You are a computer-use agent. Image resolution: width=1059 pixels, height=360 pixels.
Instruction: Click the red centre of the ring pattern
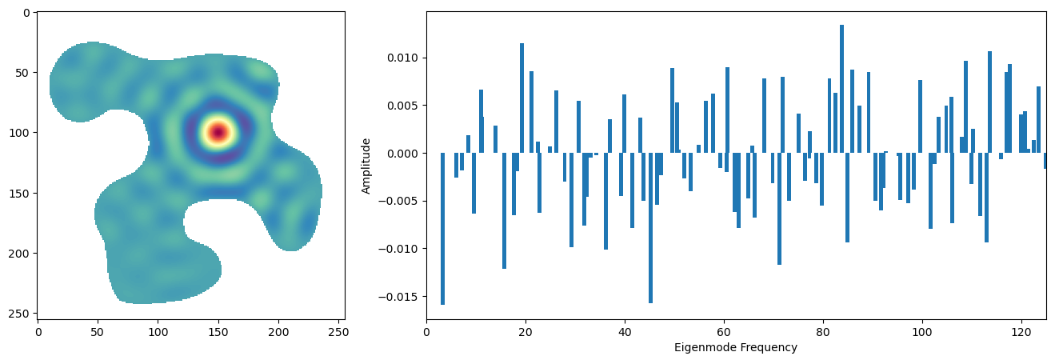218,132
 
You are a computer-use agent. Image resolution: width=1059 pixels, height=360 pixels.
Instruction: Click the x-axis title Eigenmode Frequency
736,348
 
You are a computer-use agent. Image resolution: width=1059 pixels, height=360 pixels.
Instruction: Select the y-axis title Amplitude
366,166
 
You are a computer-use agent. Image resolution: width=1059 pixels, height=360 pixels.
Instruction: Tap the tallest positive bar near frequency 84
841,88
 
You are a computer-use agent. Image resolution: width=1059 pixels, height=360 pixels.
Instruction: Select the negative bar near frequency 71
779,208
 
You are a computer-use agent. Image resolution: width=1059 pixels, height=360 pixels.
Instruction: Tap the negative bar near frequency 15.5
504,210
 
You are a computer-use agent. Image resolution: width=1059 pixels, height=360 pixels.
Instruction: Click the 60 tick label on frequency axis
724,330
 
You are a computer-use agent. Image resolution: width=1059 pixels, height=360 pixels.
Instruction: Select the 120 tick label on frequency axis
1021,330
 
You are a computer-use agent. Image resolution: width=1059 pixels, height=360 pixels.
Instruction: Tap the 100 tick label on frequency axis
922,330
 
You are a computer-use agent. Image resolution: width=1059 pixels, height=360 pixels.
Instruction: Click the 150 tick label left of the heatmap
22,193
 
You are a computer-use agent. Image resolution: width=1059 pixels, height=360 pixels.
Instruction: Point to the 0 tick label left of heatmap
27,13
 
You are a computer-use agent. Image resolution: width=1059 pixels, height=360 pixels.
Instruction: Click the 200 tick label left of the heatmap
22,253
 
